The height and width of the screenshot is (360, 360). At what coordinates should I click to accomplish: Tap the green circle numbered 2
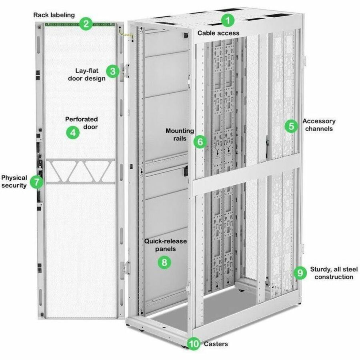click(x=86, y=24)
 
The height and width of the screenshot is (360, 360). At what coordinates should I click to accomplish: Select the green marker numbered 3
click(x=113, y=71)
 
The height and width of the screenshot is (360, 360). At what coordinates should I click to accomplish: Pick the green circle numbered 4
click(x=72, y=132)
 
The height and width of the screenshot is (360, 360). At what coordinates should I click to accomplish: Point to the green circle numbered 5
click(x=291, y=126)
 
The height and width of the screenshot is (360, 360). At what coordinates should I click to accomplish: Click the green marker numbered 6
click(x=200, y=141)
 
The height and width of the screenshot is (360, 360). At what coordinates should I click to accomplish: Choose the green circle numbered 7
click(x=36, y=182)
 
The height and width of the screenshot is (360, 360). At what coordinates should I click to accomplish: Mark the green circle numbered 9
click(x=300, y=273)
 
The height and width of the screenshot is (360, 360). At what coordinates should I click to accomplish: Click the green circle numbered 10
click(x=194, y=344)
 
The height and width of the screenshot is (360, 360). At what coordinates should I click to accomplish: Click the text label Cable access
click(x=218, y=33)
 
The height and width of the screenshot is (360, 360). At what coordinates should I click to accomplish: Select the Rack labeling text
click(x=54, y=15)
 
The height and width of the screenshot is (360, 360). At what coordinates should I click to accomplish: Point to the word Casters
click(x=216, y=344)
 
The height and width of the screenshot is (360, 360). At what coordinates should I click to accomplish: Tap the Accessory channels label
click(x=319, y=125)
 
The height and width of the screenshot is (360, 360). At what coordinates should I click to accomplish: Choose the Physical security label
click(x=14, y=181)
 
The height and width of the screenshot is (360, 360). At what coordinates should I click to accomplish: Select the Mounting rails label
click(x=180, y=134)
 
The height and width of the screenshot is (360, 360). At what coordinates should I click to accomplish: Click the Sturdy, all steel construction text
click(x=334, y=273)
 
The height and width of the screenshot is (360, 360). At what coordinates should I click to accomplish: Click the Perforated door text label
click(x=82, y=123)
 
